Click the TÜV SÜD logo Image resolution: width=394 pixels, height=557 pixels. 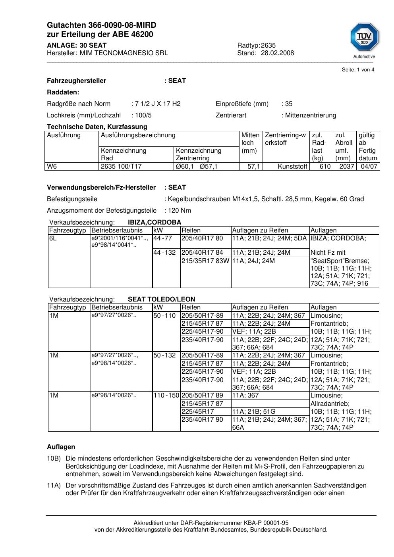tap(364, 38)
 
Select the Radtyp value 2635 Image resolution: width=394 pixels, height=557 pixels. tap(268, 45)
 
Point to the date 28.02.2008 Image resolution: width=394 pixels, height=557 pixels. tap(277, 53)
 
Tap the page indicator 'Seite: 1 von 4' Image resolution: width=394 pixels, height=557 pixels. tap(358, 70)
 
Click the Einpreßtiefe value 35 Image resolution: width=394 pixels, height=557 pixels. tap(288, 104)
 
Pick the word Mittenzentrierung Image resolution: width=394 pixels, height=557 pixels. tap(310, 115)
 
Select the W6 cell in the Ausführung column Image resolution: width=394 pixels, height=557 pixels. tap(52, 166)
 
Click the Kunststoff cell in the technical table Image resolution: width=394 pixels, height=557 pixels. tap(292, 166)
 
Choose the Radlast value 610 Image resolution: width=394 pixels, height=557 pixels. tap(325, 166)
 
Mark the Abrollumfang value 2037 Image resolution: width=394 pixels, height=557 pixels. tap(346, 166)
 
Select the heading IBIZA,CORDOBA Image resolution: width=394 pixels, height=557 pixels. tap(155, 222)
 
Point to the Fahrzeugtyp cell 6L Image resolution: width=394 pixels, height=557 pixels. tap(53, 238)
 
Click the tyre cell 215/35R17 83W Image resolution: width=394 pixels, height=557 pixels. tap(205, 261)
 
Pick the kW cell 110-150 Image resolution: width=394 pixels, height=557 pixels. tap(166, 395)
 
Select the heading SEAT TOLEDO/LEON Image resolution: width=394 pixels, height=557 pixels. tap(161, 299)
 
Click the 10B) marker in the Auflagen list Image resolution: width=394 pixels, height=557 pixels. tap(54, 458)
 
